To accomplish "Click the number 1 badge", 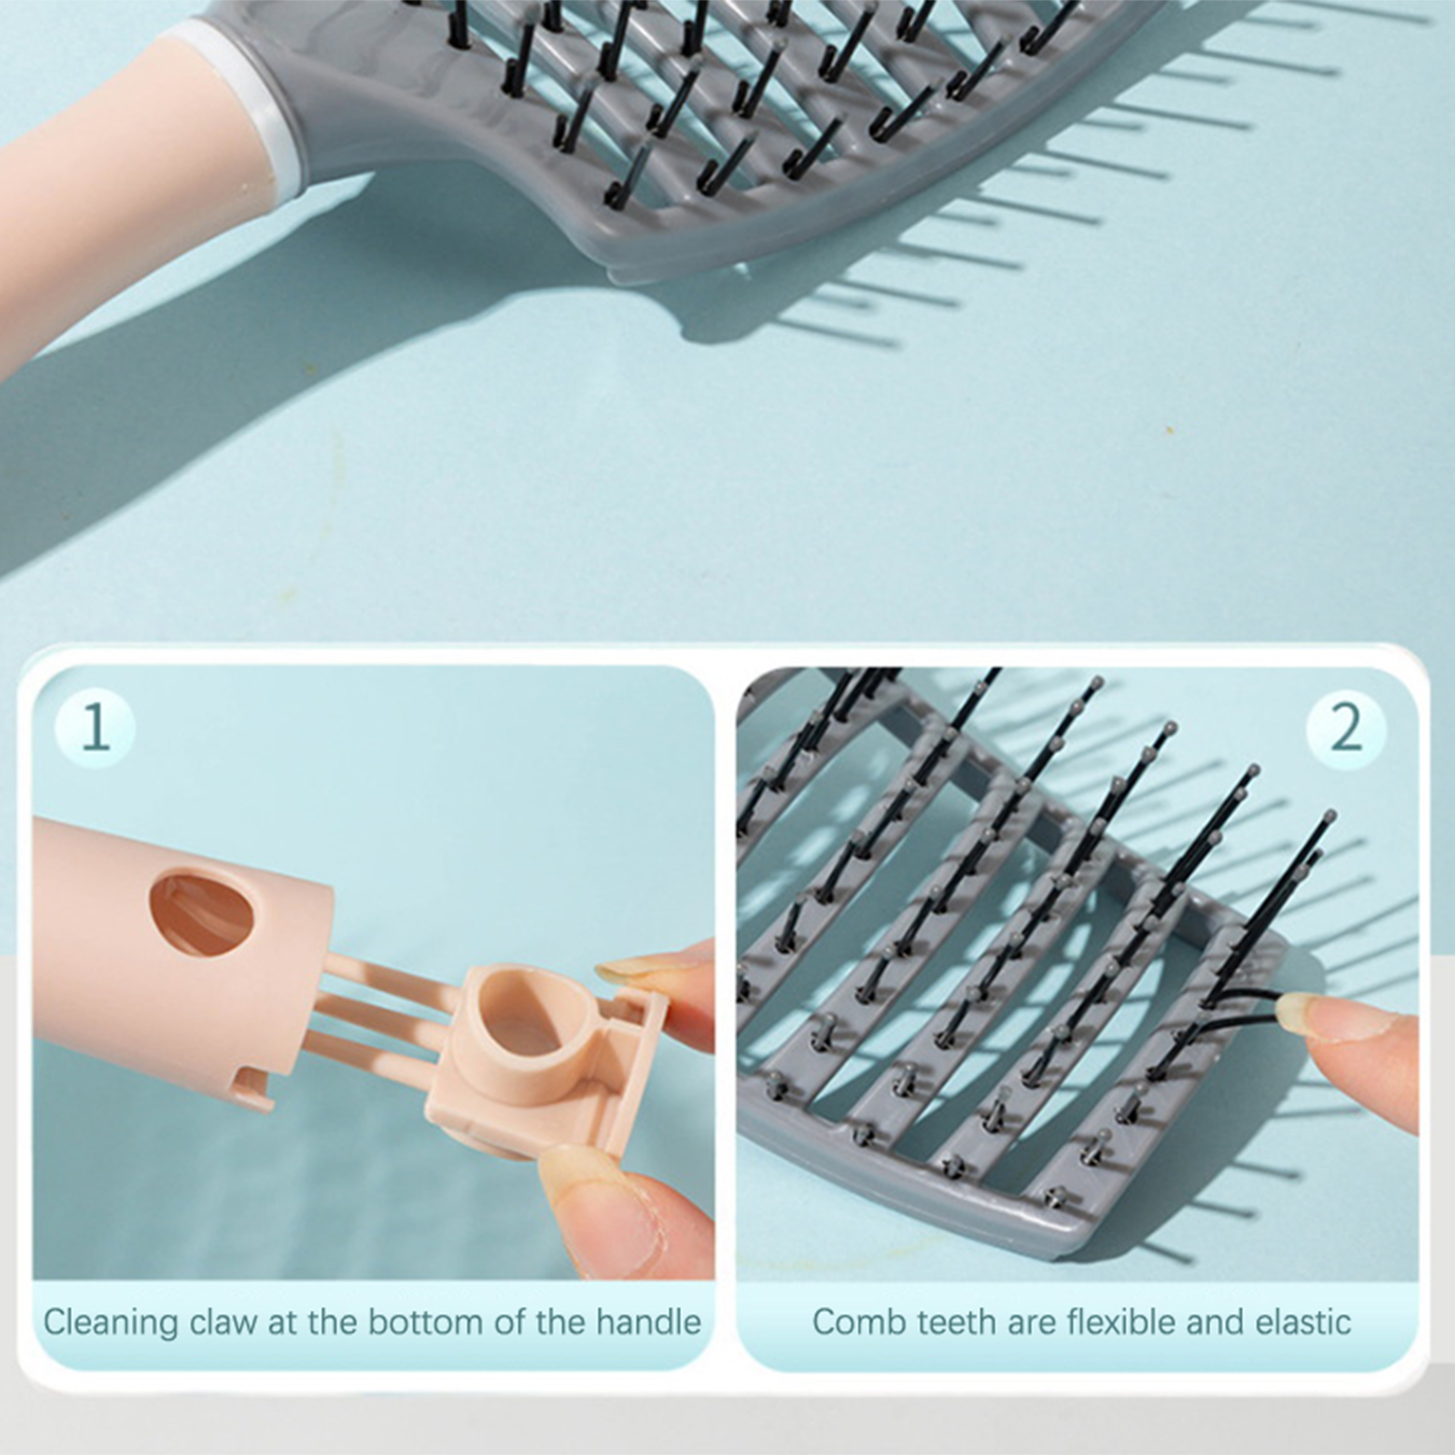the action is pos(95,727).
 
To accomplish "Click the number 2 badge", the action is pos(1346,727).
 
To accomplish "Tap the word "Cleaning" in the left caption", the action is pos(111,1322).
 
